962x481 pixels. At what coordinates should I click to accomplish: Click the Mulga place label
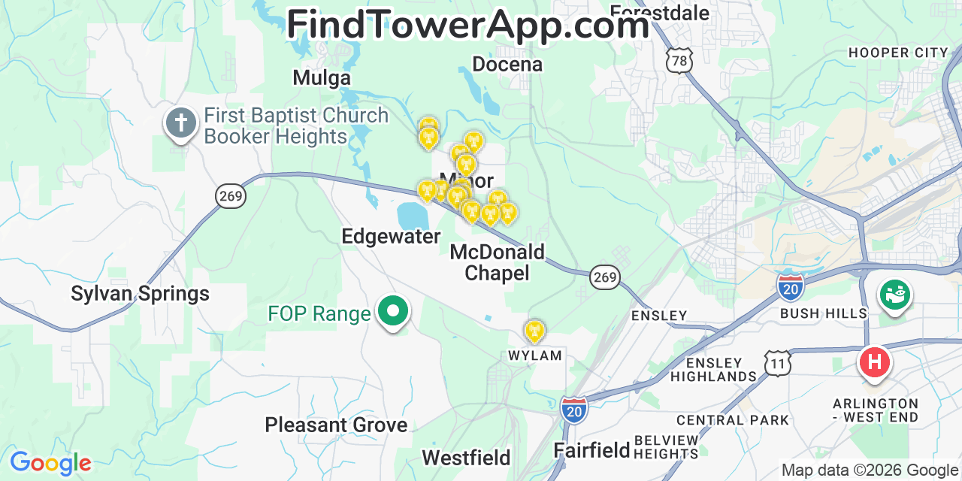click(322, 77)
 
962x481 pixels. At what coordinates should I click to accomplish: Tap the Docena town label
click(507, 64)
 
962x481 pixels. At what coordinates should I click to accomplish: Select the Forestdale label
click(659, 13)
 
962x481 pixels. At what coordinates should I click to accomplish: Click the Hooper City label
click(898, 53)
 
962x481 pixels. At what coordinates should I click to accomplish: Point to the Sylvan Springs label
click(140, 293)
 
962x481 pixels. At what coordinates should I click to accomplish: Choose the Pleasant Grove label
click(336, 425)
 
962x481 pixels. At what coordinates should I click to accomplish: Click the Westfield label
click(466, 457)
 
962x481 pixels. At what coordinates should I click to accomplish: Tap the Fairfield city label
click(591, 450)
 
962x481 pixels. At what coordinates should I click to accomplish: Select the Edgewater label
click(391, 236)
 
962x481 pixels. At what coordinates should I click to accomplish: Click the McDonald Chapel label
click(497, 262)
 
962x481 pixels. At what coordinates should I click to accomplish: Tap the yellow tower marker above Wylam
click(534, 330)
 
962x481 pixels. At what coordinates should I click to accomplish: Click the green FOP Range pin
click(392, 310)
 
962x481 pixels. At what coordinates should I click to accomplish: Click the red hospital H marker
click(874, 363)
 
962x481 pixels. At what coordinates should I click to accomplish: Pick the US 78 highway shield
click(679, 61)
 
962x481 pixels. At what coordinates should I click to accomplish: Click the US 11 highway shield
click(777, 364)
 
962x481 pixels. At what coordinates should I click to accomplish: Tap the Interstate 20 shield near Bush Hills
click(790, 286)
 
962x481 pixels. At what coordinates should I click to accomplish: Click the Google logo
click(50, 463)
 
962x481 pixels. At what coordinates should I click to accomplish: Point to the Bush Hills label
click(824, 313)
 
